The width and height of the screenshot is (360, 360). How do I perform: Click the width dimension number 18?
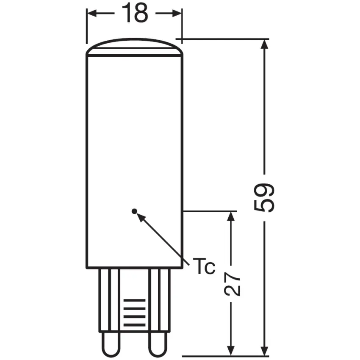(134, 14)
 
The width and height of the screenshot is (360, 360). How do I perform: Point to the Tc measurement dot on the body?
(134, 210)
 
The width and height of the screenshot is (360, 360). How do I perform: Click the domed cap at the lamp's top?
(134, 47)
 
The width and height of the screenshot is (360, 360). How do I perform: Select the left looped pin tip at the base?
(109, 343)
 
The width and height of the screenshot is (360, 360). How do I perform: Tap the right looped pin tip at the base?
(159, 343)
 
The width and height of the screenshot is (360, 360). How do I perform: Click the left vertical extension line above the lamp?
(87, 25)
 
